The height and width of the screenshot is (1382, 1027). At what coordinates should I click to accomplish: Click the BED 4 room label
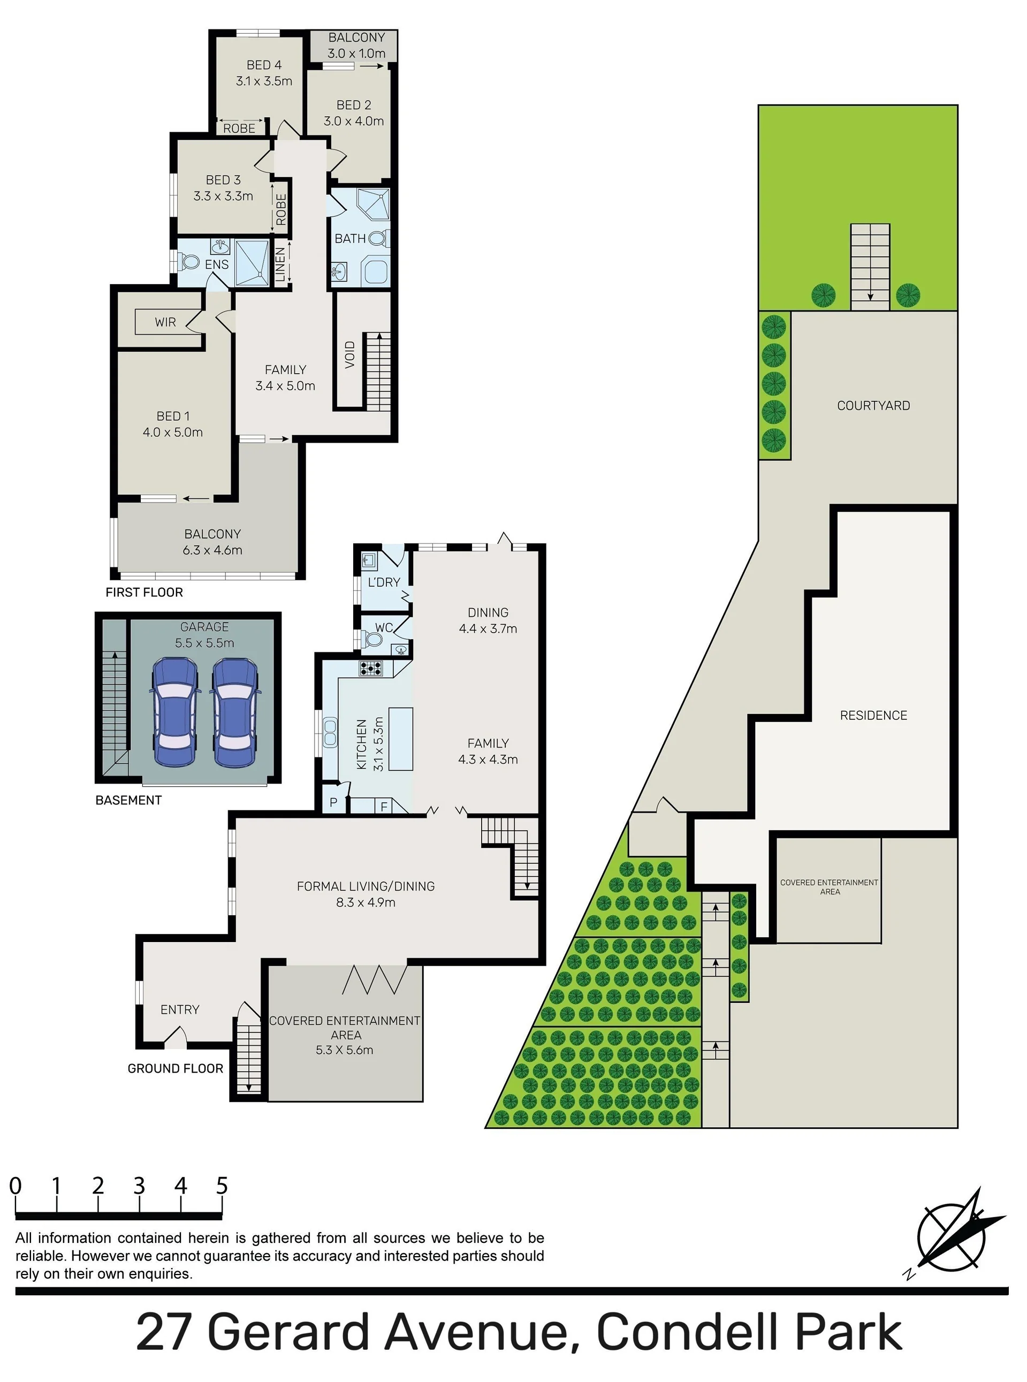pos(264,65)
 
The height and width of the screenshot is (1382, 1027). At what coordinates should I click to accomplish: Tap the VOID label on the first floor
pos(350,354)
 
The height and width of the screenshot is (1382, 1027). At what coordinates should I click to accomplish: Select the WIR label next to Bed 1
pos(165,322)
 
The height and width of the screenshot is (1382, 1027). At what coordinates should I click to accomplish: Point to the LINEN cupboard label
pos(280,264)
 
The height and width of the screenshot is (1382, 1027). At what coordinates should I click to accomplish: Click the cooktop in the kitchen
pos(371,669)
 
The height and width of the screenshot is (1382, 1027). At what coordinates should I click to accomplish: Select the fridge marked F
pos(384,806)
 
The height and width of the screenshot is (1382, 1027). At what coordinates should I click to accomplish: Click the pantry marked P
pos(334,802)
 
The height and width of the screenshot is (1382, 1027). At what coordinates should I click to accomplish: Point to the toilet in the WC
pos(372,640)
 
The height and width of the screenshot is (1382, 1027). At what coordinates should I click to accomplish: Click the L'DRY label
pos(384,582)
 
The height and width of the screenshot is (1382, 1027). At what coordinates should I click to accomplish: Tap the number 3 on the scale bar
pos(139,1186)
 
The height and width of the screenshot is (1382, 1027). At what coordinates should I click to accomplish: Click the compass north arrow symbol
pos(954,1232)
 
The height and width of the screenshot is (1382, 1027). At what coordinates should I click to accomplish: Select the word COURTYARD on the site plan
pos(873,405)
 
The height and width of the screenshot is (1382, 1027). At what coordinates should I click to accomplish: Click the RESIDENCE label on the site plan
pos(873,715)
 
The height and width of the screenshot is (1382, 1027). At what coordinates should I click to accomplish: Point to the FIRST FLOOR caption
pos(144,592)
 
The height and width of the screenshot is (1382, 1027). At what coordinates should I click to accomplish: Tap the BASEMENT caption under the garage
pos(128,800)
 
